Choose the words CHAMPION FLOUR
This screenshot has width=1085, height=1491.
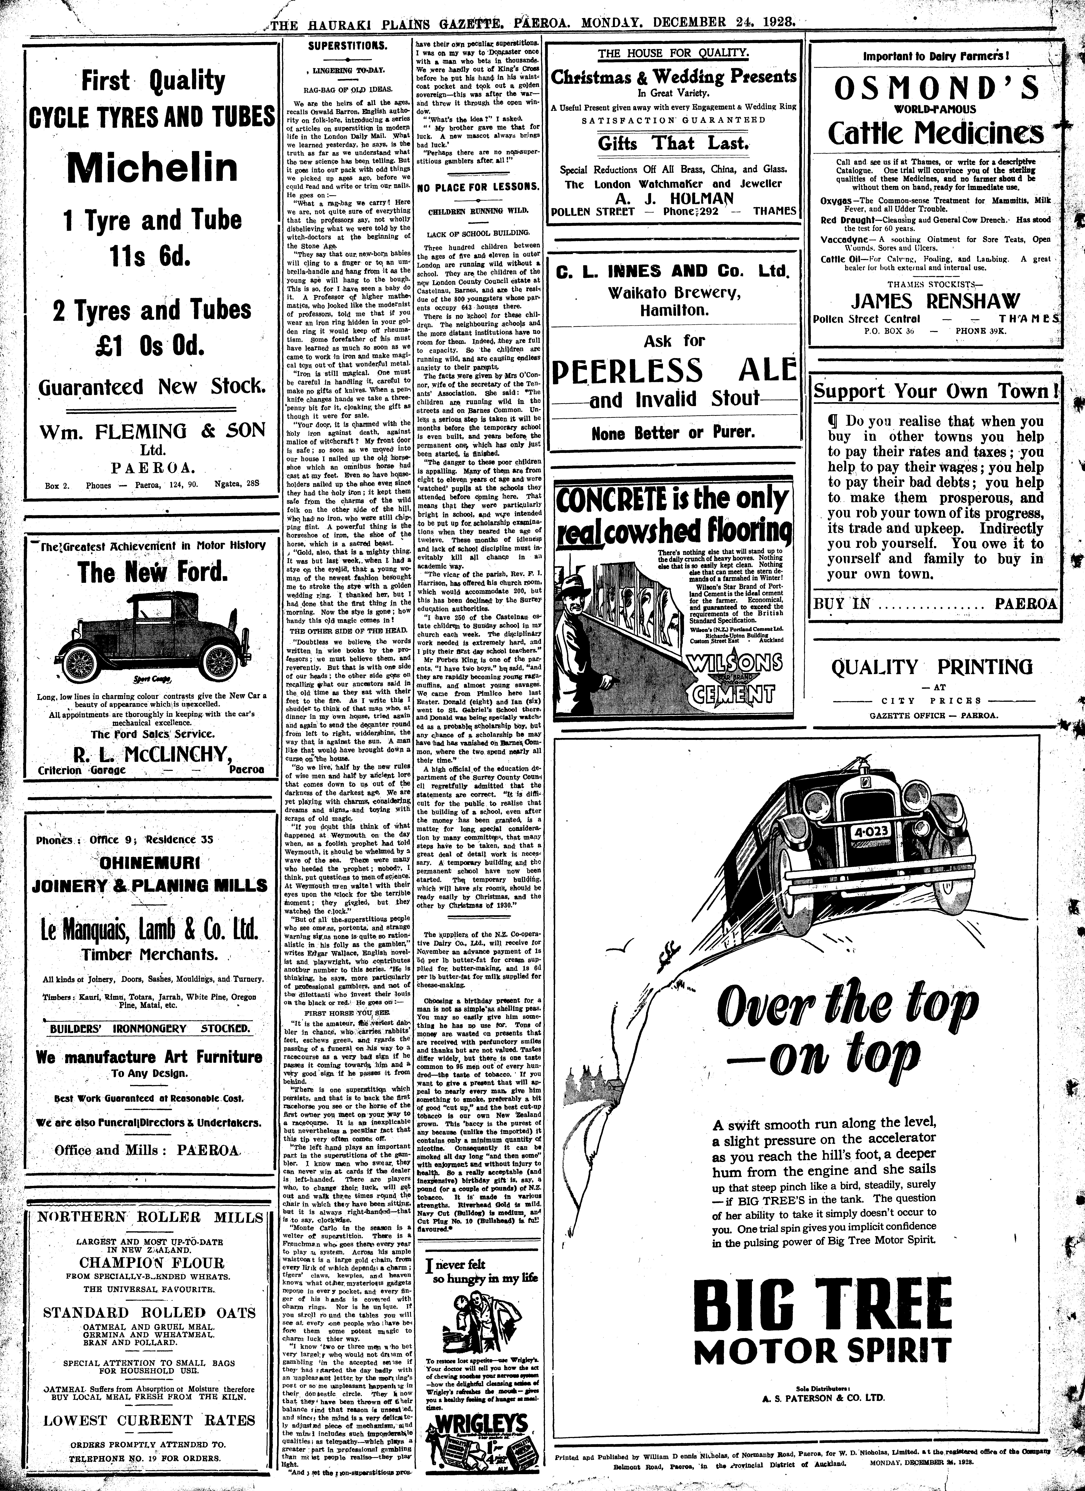point(151,1263)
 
